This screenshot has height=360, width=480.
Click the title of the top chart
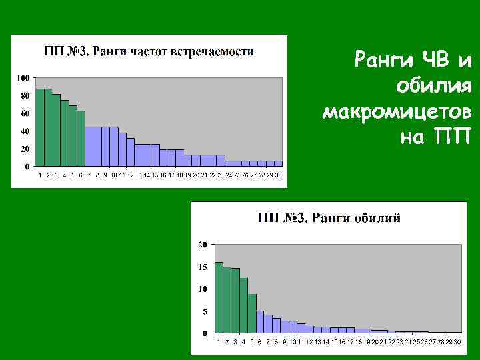149,51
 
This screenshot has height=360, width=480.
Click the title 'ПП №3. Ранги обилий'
329,218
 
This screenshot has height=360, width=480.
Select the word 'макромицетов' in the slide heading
397,112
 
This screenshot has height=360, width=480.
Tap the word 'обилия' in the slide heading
433,87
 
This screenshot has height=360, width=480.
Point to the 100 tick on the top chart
23,78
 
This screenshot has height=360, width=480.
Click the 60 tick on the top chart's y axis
25,113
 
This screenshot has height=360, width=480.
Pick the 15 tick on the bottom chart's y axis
203,267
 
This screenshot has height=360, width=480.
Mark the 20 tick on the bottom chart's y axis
203,245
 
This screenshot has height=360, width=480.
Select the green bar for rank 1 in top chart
39,127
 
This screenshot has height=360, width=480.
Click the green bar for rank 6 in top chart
81,138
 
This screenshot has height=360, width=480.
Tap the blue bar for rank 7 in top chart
89,146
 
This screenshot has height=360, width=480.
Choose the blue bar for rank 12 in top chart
131,152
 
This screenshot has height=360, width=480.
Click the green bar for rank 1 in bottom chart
219,297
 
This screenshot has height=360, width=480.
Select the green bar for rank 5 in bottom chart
252,313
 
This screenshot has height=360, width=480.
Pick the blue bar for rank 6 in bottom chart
260,322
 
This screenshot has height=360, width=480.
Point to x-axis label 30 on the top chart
278,175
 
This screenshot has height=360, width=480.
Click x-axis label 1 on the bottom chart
219,341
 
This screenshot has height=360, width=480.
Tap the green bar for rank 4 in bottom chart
243,305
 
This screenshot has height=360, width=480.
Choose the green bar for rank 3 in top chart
56,130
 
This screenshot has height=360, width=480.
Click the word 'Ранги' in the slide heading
379,62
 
